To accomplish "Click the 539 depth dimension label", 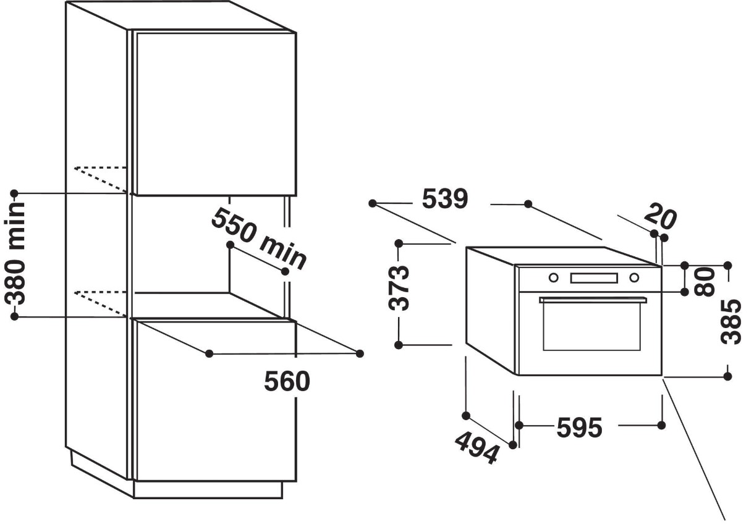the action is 444,199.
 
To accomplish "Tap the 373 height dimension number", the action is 399,288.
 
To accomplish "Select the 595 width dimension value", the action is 579,428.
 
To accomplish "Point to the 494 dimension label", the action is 476,449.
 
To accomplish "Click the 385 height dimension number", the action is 731,322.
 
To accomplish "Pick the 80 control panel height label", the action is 705,282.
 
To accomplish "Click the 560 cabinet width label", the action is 287,381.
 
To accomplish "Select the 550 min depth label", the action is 259,239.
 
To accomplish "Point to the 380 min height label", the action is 15,253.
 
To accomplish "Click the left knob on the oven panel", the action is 553,277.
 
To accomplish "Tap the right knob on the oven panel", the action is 634,277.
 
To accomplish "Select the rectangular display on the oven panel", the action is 594,278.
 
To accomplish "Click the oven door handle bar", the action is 593,300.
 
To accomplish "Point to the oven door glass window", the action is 591,326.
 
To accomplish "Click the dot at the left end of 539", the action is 372,203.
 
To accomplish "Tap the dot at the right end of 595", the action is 661,426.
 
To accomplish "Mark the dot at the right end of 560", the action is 360,353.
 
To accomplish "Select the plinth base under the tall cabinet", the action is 208,490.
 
